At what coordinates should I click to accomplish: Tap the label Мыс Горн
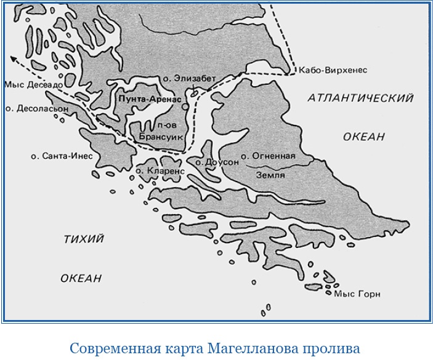[x=357, y=294]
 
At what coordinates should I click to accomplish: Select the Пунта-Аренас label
[x=147, y=98]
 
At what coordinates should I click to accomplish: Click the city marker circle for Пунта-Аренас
[x=185, y=106]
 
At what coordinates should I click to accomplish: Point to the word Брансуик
[x=161, y=137]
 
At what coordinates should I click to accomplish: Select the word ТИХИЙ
[x=84, y=239]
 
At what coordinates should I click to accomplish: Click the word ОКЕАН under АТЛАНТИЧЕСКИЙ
[x=363, y=137]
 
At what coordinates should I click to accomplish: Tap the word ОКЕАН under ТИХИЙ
[x=81, y=278]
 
